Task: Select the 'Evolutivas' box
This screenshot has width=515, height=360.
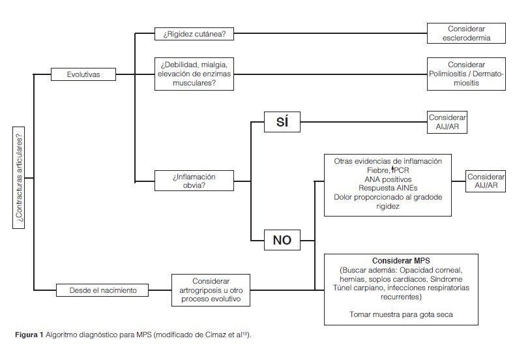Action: [83, 74]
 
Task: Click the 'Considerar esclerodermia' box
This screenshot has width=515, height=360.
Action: [467, 33]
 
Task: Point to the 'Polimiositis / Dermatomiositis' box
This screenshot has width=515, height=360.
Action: [467, 74]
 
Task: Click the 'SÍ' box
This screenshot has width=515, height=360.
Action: [282, 121]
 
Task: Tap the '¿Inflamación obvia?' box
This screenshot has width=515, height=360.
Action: [194, 181]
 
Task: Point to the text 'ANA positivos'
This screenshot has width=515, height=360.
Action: [388, 179]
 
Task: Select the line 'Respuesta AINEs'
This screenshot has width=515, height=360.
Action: [388, 188]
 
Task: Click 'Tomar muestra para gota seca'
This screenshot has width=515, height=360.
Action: [400, 314]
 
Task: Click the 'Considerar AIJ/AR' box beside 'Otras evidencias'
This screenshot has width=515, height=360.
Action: [486, 181]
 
